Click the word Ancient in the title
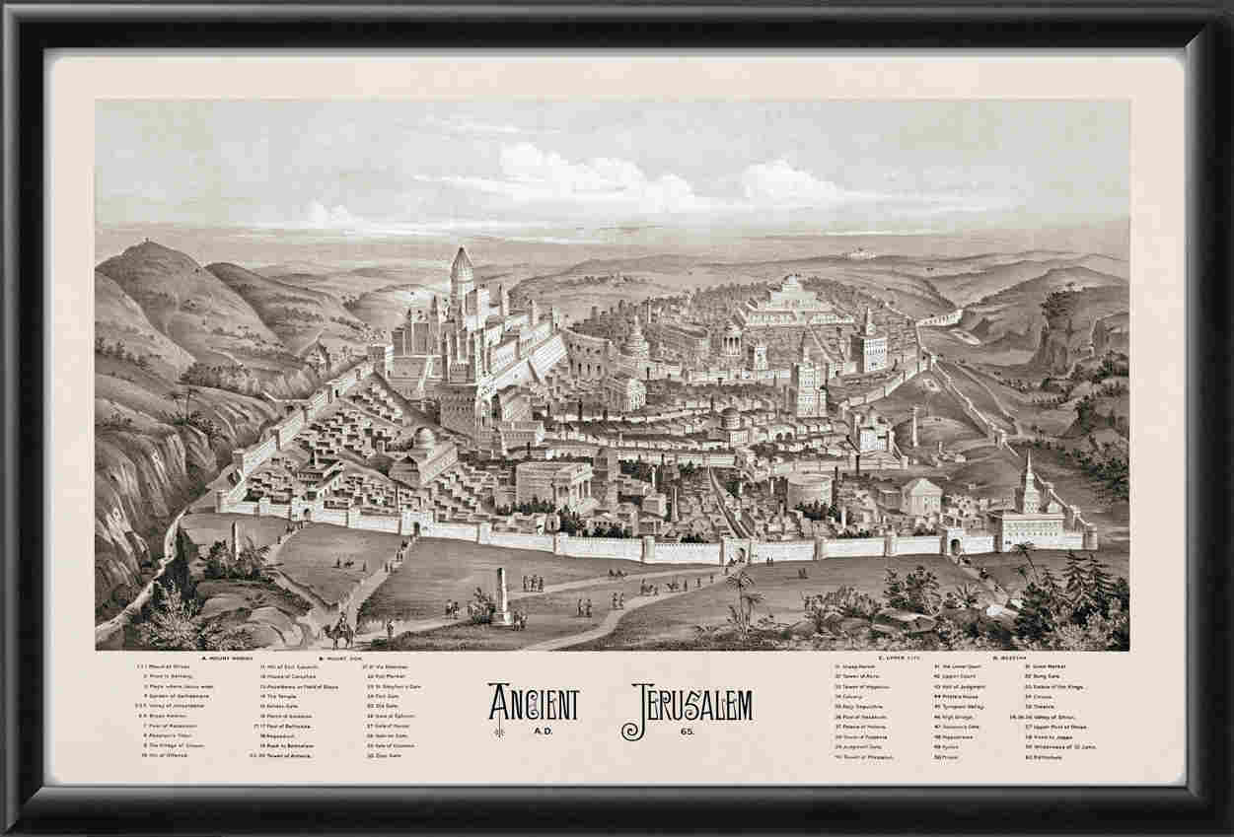534,703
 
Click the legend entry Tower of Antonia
288,755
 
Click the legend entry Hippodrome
956,737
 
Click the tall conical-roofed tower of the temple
462,268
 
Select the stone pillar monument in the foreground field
502,594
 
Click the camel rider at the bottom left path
341,628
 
